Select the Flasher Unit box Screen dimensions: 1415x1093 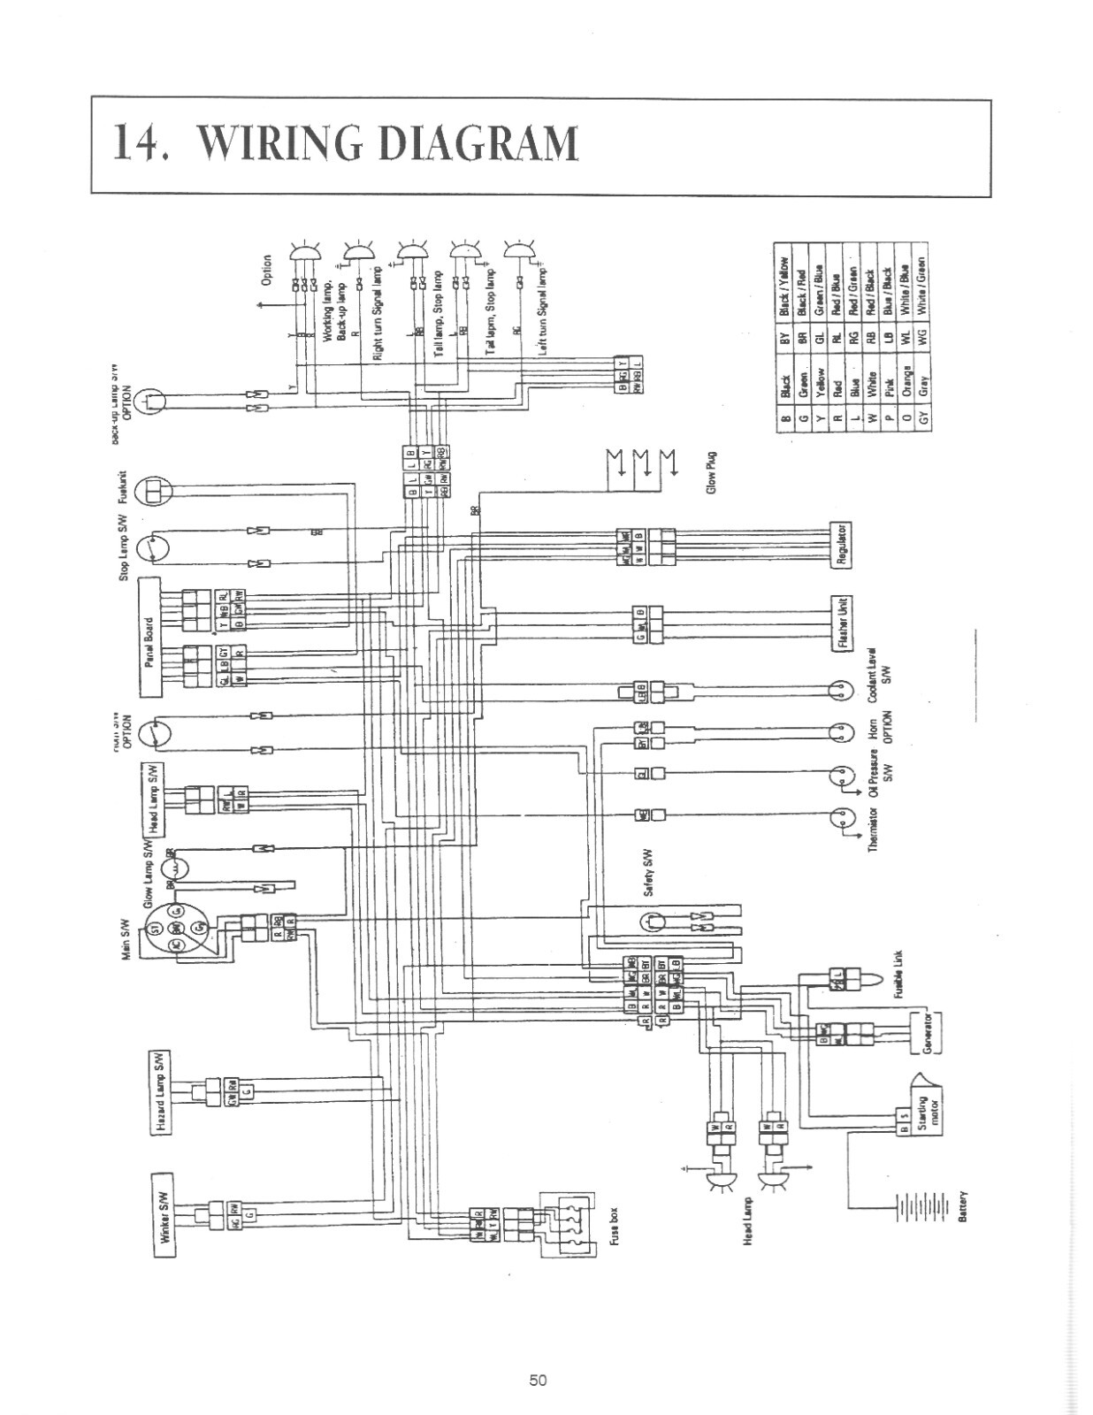[x=841, y=623]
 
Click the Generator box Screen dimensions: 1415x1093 [x=925, y=1031]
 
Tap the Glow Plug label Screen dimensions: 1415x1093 [x=712, y=475]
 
